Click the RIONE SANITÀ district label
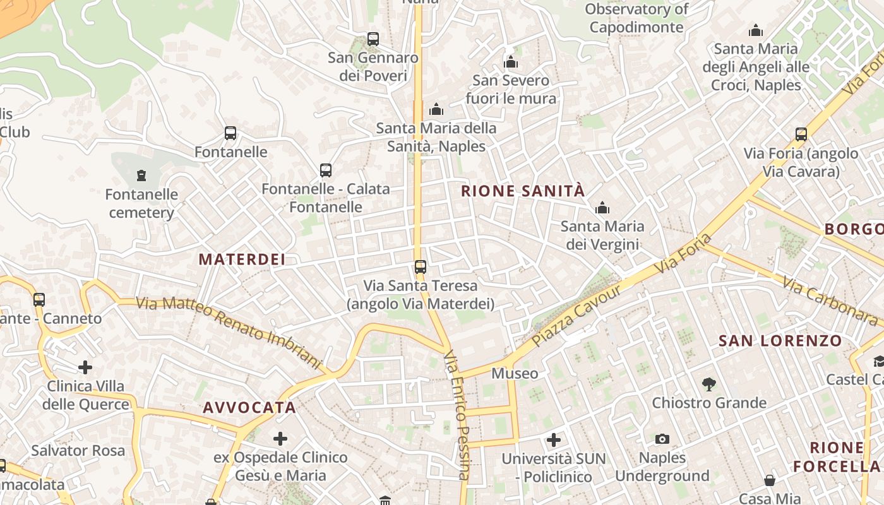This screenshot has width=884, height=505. pos(523,191)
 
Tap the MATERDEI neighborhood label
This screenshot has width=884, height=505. pos(242,259)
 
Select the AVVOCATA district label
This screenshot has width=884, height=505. pos(249,407)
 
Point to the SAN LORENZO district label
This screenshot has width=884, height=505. pos(780,341)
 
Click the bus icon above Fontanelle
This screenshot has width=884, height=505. pos(230,133)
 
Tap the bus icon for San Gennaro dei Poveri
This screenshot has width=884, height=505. pos(373,39)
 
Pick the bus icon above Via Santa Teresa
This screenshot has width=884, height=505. pos(421,266)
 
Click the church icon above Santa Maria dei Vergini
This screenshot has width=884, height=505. pos(602,208)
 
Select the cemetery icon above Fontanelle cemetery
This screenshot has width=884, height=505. pos(141,175)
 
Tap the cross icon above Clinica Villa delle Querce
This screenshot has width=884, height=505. pos(85,367)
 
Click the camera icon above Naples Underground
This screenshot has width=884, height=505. pos(662,439)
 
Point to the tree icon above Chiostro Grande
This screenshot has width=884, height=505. pos(709,384)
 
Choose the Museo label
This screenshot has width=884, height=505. pos(515,373)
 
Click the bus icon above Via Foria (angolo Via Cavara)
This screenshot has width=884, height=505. pos(801,134)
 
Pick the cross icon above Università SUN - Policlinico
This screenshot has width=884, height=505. pos(554,439)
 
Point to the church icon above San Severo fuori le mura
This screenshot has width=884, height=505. pos(511,62)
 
